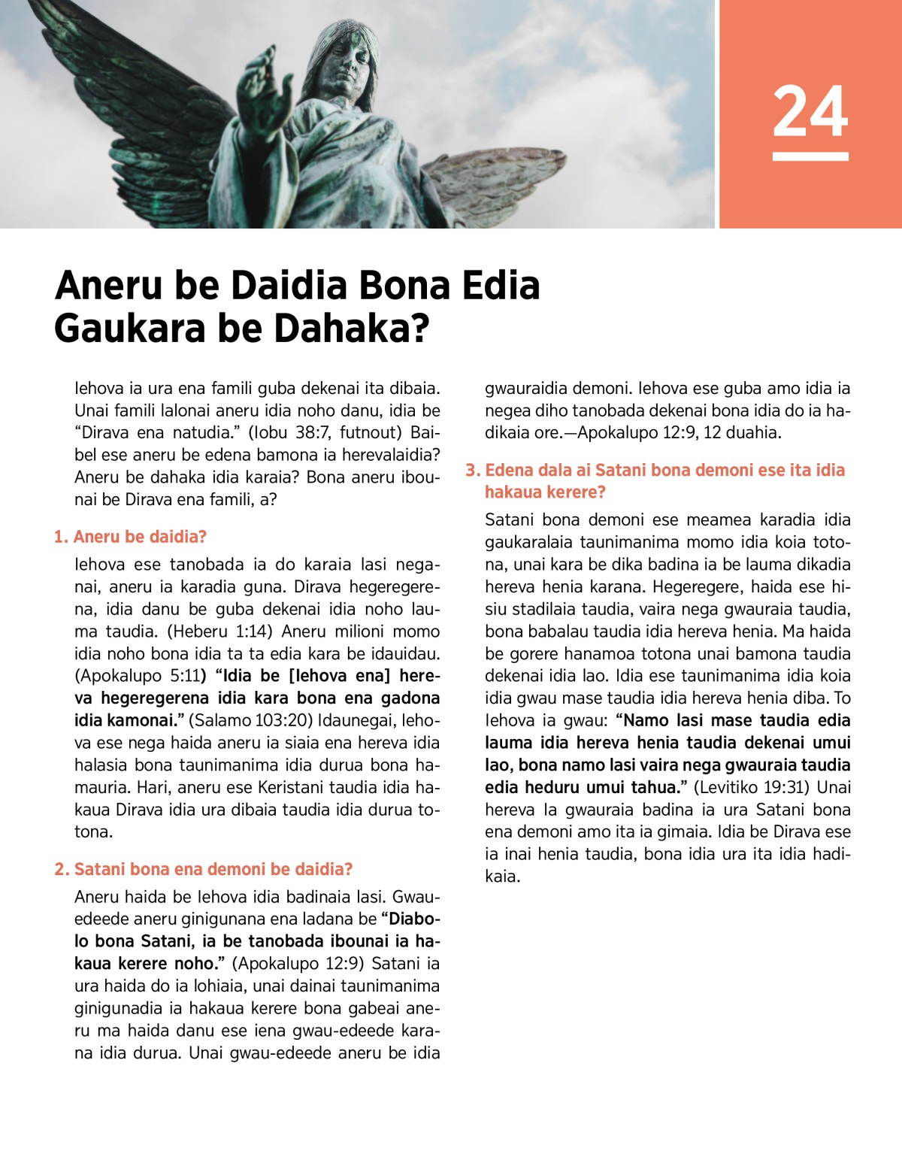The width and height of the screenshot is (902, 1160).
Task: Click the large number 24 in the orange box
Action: coord(810,111)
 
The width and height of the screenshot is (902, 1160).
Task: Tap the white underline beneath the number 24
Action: coord(810,156)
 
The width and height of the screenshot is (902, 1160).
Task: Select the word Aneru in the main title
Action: coord(109,286)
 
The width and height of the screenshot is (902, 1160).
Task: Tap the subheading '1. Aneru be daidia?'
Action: coord(130,537)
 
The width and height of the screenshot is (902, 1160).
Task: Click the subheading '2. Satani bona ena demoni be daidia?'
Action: coord(203,869)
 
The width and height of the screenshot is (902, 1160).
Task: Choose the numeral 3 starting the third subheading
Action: coord(471,471)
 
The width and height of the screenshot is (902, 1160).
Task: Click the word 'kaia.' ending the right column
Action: coord(502,877)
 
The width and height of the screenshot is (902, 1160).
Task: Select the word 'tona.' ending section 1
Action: coord(93,832)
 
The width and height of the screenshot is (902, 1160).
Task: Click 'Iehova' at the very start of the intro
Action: coord(98,388)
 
